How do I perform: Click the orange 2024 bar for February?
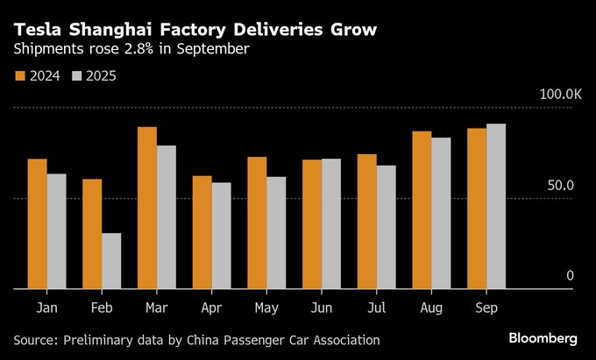[92, 234]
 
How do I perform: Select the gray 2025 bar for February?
[111, 261]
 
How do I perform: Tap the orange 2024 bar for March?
[147, 208]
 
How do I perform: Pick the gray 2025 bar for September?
[496, 206]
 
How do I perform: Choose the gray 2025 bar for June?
[331, 223]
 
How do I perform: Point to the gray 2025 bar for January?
[56, 231]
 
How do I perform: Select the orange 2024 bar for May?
[257, 222]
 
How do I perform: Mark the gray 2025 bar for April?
[221, 236]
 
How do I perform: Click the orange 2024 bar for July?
[366, 222]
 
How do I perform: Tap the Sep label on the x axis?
[486, 308]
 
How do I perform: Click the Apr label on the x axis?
[211, 308]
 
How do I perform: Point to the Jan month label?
[47, 308]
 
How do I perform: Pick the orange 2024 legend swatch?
[20, 76]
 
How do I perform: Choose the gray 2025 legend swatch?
[76, 76]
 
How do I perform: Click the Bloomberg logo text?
[543, 338]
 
